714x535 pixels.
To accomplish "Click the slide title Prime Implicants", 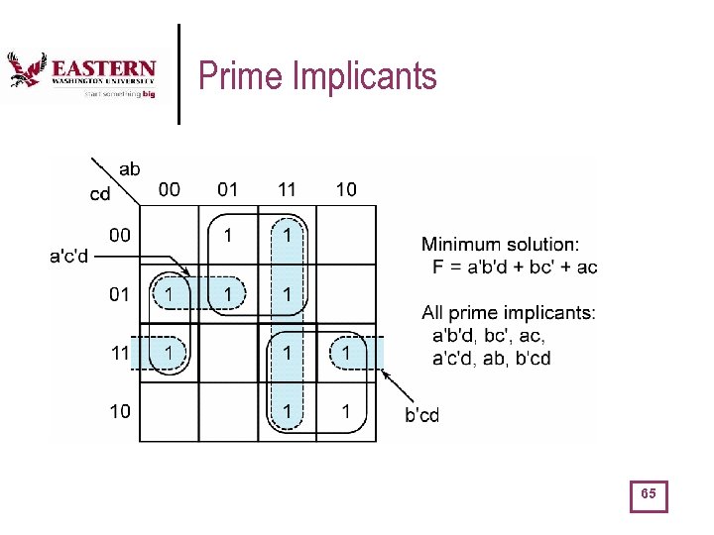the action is coord(317,75).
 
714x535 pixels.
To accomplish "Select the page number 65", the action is coord(650,494).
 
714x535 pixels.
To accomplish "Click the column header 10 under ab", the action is coord(345,188).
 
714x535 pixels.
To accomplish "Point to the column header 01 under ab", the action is coord(227,188).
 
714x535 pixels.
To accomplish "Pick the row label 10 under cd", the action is coord(119,410).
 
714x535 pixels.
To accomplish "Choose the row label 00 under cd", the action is coord(119,235).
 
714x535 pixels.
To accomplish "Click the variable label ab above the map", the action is coord(129,169).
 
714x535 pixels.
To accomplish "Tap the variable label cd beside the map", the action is coord(100,194).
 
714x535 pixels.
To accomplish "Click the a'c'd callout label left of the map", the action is coord(69,258).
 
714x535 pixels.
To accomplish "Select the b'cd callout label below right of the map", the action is coord(421,415).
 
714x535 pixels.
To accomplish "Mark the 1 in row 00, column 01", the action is coord(228,236).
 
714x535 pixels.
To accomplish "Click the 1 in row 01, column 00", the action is coord(170,294).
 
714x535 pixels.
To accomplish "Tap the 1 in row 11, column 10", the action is coord(345,352).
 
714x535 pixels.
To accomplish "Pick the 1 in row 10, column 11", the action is coord(287,410).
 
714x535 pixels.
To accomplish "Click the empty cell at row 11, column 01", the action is coord(228,352).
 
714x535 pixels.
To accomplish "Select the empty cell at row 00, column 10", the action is coord(345,236).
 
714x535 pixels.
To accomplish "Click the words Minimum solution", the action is coord(501,244).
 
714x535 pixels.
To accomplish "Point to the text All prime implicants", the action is coord(509,313).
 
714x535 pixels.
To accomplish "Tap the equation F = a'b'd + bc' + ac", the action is coord(515,267).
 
